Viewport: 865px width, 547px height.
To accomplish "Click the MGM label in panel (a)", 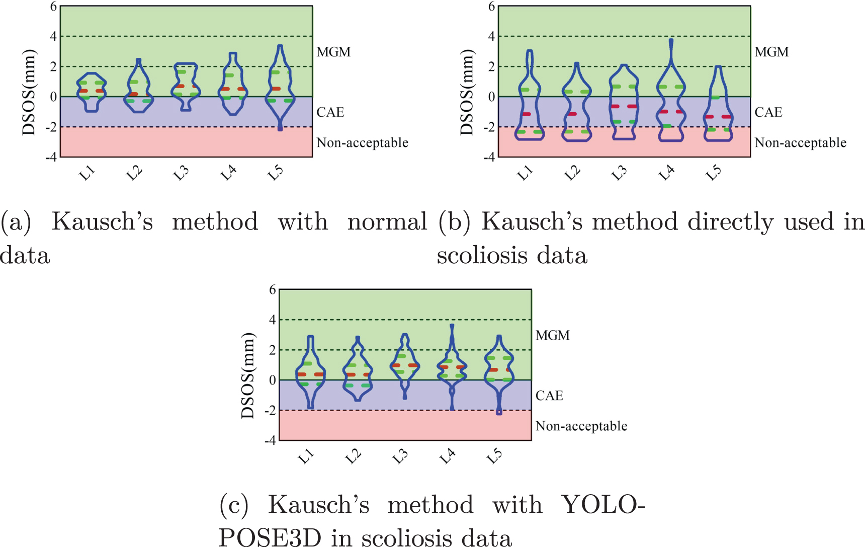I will [x=333, y=52].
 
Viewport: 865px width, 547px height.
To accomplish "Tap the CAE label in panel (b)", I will [x=768, y=112].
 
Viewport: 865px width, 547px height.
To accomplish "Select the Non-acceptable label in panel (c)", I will [x=581, y=426].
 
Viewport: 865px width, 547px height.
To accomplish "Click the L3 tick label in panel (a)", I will [x=182, y=173].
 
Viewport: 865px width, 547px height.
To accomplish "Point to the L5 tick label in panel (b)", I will [x=713, y=173].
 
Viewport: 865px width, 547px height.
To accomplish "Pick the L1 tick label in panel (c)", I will [x=306, y=456].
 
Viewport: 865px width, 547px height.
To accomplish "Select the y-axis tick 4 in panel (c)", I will [x=273, y=320].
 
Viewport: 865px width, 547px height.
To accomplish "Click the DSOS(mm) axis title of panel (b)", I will [x=467, y=92].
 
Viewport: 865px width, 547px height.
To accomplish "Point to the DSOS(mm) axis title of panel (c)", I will [x=248, y=375].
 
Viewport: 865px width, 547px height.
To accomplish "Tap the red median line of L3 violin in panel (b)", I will [x=624, y=106].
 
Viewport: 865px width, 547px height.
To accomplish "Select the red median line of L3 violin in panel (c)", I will [x=405, y=365].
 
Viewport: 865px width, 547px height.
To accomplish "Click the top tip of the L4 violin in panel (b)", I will [x=671, y=40].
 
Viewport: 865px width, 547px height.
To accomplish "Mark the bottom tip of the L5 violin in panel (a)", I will [x=280, y=129].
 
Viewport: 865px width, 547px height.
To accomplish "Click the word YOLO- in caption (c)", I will [x=602, y=505].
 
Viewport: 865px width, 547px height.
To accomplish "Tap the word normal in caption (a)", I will [x=387, y=222].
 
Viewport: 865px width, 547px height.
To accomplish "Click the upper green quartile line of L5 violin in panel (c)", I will [x=499, y=358].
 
